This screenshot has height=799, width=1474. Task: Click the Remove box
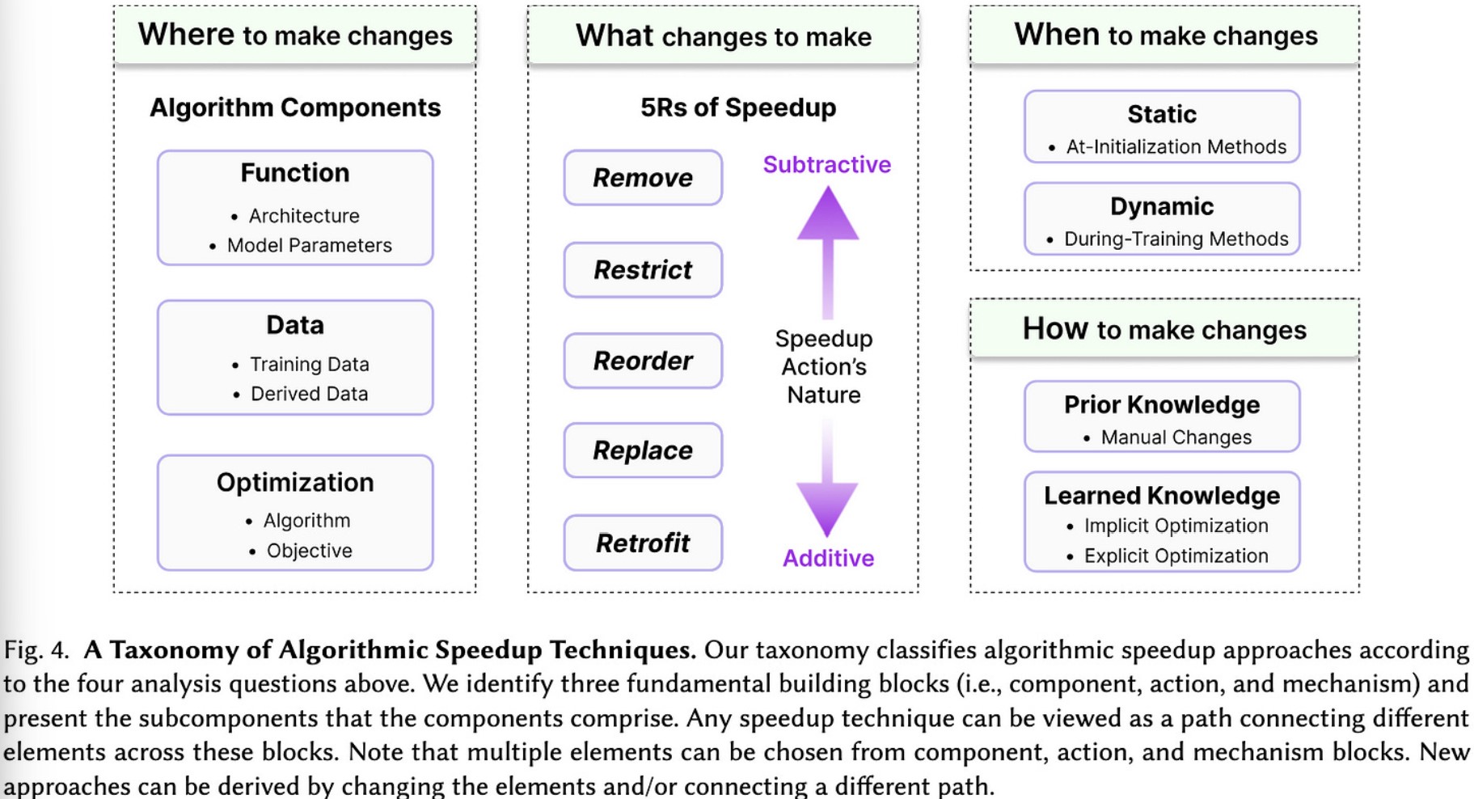[643, 177]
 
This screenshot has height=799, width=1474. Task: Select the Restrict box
[643, 269]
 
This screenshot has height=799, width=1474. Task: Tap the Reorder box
[643, 361]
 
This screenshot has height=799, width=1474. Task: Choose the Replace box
[643, 450]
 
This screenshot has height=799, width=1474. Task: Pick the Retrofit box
[643, 543]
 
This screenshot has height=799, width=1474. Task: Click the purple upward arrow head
[827, 214]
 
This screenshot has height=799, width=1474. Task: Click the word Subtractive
[827, 164]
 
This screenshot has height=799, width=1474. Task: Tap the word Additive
[828, 558]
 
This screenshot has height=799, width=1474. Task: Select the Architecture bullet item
[295, 216]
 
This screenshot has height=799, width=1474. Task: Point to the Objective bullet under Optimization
[300, 551]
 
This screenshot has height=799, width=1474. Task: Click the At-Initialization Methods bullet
[1167, 146]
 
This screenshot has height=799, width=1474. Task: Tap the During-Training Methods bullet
[1167, 239]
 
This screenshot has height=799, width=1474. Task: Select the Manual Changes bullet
[1167, 438]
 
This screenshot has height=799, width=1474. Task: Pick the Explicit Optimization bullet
[1167, 556]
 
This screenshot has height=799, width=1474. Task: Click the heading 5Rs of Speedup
[738, 108]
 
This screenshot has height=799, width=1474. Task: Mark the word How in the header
[1055, 328]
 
